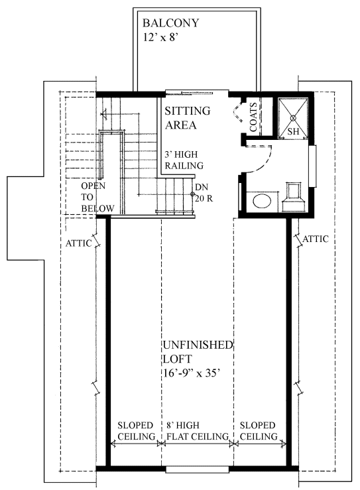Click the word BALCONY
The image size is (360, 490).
(170, 23)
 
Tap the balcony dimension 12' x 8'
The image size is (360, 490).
(160, 37)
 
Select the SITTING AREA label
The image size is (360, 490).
(188, 118)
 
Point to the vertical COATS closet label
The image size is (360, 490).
(253, 117)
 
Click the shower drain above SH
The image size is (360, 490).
(293, 118)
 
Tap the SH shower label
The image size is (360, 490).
(293, 131)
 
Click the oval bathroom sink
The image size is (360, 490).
(262, 201)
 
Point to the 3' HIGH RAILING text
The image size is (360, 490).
(184, 160)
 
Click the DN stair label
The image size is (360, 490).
(202, 187)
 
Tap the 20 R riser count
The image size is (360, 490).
(204, 198)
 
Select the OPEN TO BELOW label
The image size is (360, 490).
(97, 197)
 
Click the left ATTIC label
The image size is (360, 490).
(78, 243)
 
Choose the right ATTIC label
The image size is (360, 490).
(316, 239)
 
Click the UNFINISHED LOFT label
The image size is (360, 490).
(198, 352)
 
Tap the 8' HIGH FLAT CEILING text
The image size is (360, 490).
(198, 430)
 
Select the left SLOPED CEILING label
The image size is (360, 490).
(137, 430)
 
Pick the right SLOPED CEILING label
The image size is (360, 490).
(259, 430)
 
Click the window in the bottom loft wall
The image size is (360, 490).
(198, 469)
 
